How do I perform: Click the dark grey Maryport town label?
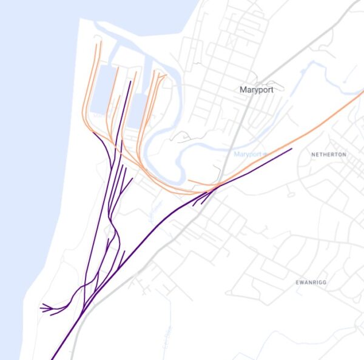257,90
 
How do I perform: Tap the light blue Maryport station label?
248,155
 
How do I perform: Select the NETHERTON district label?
329,155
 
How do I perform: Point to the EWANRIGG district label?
312,282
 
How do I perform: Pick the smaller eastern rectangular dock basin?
136,109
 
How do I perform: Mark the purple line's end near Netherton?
292,148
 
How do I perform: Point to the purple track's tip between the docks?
130,80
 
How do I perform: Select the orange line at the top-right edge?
361,93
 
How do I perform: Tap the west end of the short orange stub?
189,180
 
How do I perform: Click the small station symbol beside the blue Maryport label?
265,155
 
